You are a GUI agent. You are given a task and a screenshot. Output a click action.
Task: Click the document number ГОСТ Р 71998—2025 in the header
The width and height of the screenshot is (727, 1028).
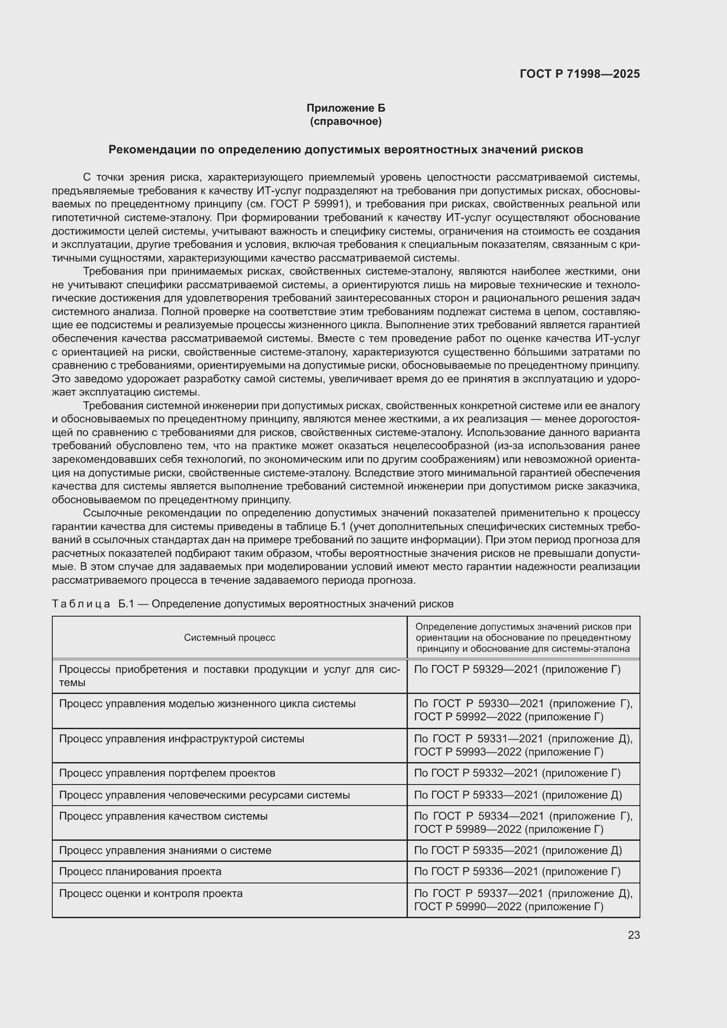pyautogui.click(x=579, y=74)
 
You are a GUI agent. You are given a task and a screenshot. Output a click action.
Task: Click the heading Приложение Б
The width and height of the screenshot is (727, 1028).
pyautogui.click(x=345, y=108)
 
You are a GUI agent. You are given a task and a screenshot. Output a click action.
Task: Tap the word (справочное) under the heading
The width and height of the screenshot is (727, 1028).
pyautogui.click(x=345, y=121)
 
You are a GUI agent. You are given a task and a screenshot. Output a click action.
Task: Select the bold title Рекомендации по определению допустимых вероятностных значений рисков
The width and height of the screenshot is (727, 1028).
pyautogui.click(x=345, y=149)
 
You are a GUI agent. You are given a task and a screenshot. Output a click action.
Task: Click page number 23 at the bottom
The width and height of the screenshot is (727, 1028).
pyautogui.click(x=633, y=935)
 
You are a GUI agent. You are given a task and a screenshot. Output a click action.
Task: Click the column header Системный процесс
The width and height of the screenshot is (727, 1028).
pyautogui.click(x=229, y=638)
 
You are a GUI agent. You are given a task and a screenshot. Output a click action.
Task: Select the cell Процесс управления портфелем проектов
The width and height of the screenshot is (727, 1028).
pyautogui.click(x=167, y=773)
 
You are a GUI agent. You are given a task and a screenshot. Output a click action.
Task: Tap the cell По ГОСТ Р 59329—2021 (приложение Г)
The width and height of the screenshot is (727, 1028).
pyautogui.click(x=517, y=669)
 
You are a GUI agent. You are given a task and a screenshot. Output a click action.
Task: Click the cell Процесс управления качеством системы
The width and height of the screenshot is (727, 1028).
pyautogui.click(x=163, y=816)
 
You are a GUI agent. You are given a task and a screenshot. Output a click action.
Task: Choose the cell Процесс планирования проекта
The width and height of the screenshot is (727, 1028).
pyautogui.click(x=140, y=872)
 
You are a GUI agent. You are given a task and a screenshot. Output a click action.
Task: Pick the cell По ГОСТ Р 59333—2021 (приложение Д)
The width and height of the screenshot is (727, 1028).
pyautogui.click(x=517, y=795)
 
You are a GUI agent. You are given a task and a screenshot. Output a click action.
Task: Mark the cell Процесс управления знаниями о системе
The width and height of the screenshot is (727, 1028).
pyautogui.click(x=165, y=850)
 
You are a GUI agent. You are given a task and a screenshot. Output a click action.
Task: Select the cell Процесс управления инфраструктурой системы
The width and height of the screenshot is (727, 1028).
pyautogui.click(x=181, y=739)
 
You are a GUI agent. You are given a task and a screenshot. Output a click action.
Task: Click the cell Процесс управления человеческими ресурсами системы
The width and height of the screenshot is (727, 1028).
pyautogui.click(x=204, y=795)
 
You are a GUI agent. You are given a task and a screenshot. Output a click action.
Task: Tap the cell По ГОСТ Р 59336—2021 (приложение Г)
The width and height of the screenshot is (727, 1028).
pyautogui.click(x=517, y=872)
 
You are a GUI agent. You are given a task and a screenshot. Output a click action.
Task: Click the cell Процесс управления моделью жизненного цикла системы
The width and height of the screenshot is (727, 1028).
pyautogui.click(x=207, y=704)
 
